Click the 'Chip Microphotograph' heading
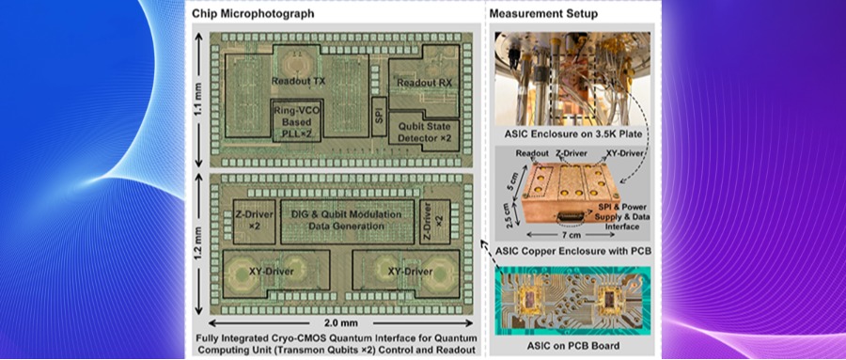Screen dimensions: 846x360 pos(253,13)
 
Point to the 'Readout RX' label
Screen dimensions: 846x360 pos(424,83)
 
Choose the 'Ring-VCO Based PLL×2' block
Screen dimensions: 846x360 pos(298,120)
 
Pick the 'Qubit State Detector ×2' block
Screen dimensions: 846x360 pos(424,133)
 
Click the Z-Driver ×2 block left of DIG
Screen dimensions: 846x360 pos(254,222)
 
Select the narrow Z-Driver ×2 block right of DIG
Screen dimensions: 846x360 pos(434,222)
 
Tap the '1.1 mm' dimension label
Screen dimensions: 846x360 pos(199,100)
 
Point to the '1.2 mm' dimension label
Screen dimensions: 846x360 pos(199,243)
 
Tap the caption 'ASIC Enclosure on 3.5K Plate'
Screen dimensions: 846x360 pos(572,134)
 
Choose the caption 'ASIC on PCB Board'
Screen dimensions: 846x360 pos(573,345)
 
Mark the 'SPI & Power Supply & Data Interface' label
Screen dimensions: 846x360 pos(621,217)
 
